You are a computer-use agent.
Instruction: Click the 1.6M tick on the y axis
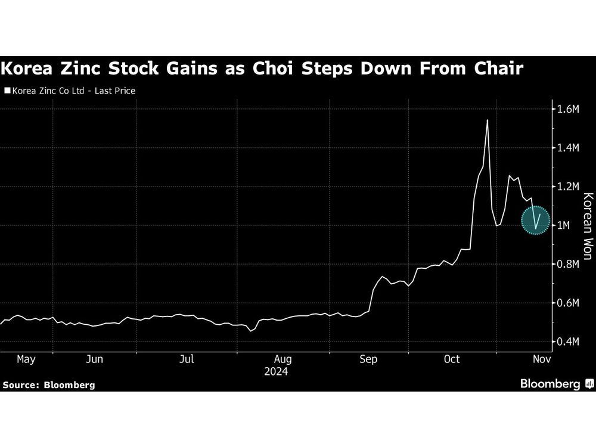(x=567, y=109)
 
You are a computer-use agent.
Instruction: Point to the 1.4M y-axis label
(x=567, y=148)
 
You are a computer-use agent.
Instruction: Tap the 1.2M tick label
(x=567, y=187)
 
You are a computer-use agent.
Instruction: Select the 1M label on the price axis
(x=563, y=225)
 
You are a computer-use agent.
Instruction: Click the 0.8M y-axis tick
(x=567, y=264)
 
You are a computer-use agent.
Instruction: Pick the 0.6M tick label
(x=567, y=303)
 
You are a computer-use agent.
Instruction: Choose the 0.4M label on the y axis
(x=567, y=342)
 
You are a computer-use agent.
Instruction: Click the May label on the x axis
(x=26, y=359)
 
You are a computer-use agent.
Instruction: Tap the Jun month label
(x=95, y=359)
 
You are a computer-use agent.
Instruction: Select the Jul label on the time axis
(x=187, y=359)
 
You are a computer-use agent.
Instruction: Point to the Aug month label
(x=282, y=359)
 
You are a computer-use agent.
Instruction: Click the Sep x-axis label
(x=368, y=359)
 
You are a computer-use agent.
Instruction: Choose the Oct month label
(x=452, y=359)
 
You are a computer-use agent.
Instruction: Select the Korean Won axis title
(x=586, y=226)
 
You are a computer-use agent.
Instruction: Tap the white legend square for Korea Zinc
(x=7, y=91)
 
